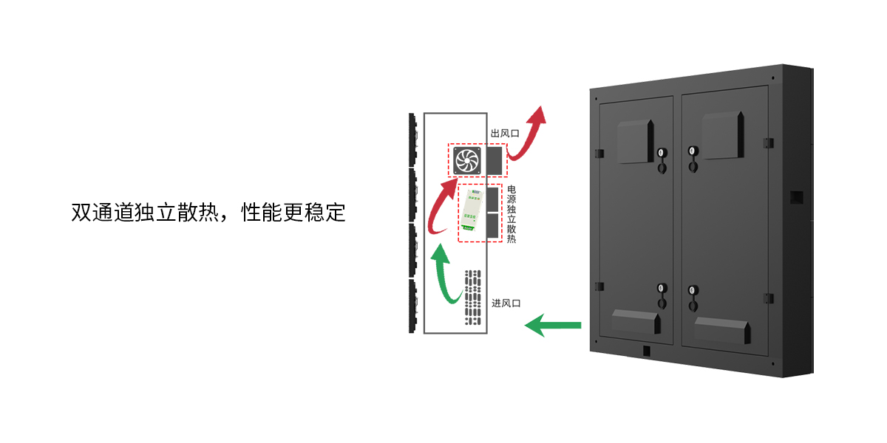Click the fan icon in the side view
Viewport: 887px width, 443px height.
466,160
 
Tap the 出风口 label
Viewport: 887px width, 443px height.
505,134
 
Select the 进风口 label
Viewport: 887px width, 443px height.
507,303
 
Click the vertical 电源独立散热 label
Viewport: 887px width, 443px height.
512,215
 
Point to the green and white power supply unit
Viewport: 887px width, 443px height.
471,213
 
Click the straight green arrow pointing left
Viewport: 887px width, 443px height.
552,324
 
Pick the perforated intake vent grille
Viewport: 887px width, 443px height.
472,298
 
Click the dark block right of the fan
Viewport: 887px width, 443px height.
493,160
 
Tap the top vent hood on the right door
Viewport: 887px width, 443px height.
721,134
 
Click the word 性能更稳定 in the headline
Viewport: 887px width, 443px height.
293,213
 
